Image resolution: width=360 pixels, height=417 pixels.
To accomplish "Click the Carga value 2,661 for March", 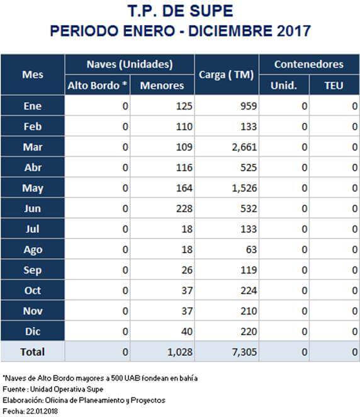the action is pos(244,147).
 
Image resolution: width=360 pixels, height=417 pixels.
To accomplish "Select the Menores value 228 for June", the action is pos(184,208).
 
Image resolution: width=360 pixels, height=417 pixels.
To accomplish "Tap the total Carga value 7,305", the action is pos(244,352).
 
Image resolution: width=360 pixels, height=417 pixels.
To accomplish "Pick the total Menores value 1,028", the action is pos(180,352).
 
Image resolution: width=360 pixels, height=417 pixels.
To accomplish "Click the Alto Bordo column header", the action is pos(97,86).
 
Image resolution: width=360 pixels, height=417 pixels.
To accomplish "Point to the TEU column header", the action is pos(334,86).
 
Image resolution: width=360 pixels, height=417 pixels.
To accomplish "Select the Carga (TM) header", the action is pos(227,75).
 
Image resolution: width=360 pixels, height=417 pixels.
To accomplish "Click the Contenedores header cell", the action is pos(309,64).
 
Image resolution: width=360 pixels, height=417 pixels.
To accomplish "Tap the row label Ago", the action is pos(33,249).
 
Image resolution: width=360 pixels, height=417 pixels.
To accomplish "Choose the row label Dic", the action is pos(33,331).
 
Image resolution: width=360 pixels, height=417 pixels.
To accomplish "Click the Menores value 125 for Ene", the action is pos(184,106).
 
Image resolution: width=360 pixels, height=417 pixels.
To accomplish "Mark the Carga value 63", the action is pos(251,249).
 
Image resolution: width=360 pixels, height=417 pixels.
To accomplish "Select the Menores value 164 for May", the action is pos(184,188).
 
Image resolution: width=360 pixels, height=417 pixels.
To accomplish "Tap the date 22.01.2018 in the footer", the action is pos(42,411).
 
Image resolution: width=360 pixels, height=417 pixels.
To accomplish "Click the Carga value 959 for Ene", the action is pos(249,106).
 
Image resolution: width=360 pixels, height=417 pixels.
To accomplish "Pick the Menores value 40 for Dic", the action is pos(187,331).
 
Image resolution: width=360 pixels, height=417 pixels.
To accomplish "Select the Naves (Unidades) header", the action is pos(130,64).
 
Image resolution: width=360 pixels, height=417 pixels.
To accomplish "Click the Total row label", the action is pos(33,352).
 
